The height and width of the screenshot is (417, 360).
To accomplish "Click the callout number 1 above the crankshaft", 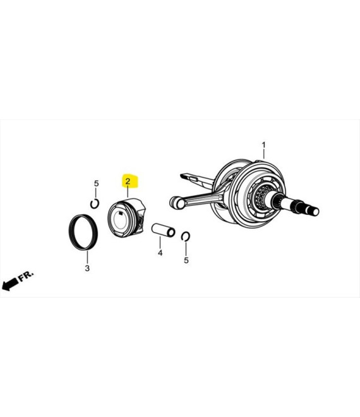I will (264, 145).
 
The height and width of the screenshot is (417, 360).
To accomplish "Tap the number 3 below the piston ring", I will (87, 269).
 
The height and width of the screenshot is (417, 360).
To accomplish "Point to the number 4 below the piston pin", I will (160, 253).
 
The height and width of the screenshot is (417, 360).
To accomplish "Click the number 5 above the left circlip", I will (96, 184).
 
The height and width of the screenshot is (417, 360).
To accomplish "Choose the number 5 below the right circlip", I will (186, 260).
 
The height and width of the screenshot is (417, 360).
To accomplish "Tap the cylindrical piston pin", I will (163, 229).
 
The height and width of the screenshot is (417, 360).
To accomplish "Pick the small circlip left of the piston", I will (95, 203).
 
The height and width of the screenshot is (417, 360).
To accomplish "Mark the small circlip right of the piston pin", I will (186, 236).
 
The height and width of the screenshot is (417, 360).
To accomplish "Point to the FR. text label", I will (27, 276).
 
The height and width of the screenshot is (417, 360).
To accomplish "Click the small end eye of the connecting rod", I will (175, 203).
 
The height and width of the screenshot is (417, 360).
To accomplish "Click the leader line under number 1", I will (264, 155).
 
